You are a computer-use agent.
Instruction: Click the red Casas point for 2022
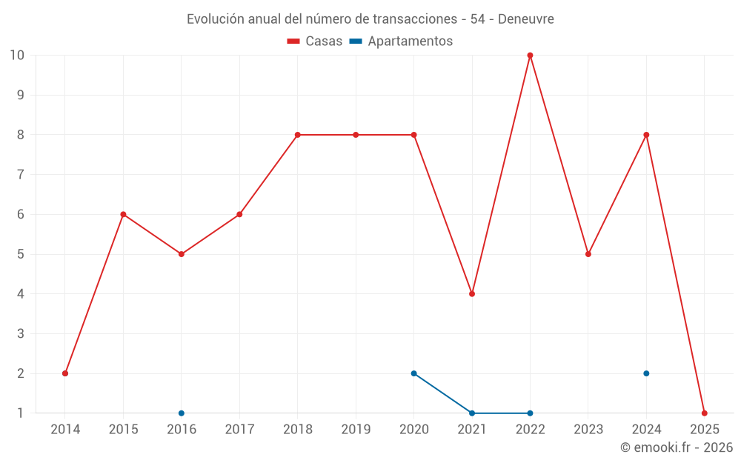[x=530, y=56]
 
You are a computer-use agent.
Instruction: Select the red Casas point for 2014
[x=65, y=373]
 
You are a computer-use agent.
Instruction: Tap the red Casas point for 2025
[x=704, y=413]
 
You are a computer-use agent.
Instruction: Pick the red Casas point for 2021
[x=472, y=294]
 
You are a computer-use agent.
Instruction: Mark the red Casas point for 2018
[x=297, y=135]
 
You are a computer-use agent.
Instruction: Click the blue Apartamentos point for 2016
[x=182, y=413]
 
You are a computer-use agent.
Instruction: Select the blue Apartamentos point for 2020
[x=413, y=373]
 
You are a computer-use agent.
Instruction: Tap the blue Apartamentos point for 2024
[x=646, y=373]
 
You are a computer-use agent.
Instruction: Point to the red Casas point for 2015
[x=123, y=214]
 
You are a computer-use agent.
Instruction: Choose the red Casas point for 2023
[x=588, y=254]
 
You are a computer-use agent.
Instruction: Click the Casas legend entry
[x=315, y=41]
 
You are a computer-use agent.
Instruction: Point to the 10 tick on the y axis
[x=17, y=56]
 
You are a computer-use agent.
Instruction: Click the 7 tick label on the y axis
[x=21, y=175]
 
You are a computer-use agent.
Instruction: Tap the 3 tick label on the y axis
[x=21, y=334]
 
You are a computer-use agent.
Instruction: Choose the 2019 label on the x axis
[x=356, y=429]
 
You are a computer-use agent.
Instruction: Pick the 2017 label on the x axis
[x=239, y=429]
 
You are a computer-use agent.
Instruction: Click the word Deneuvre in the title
[x=525, y=19]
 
